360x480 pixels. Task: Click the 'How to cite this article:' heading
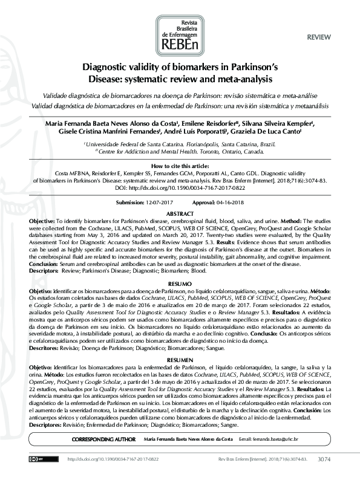click(x=180, y=165)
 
